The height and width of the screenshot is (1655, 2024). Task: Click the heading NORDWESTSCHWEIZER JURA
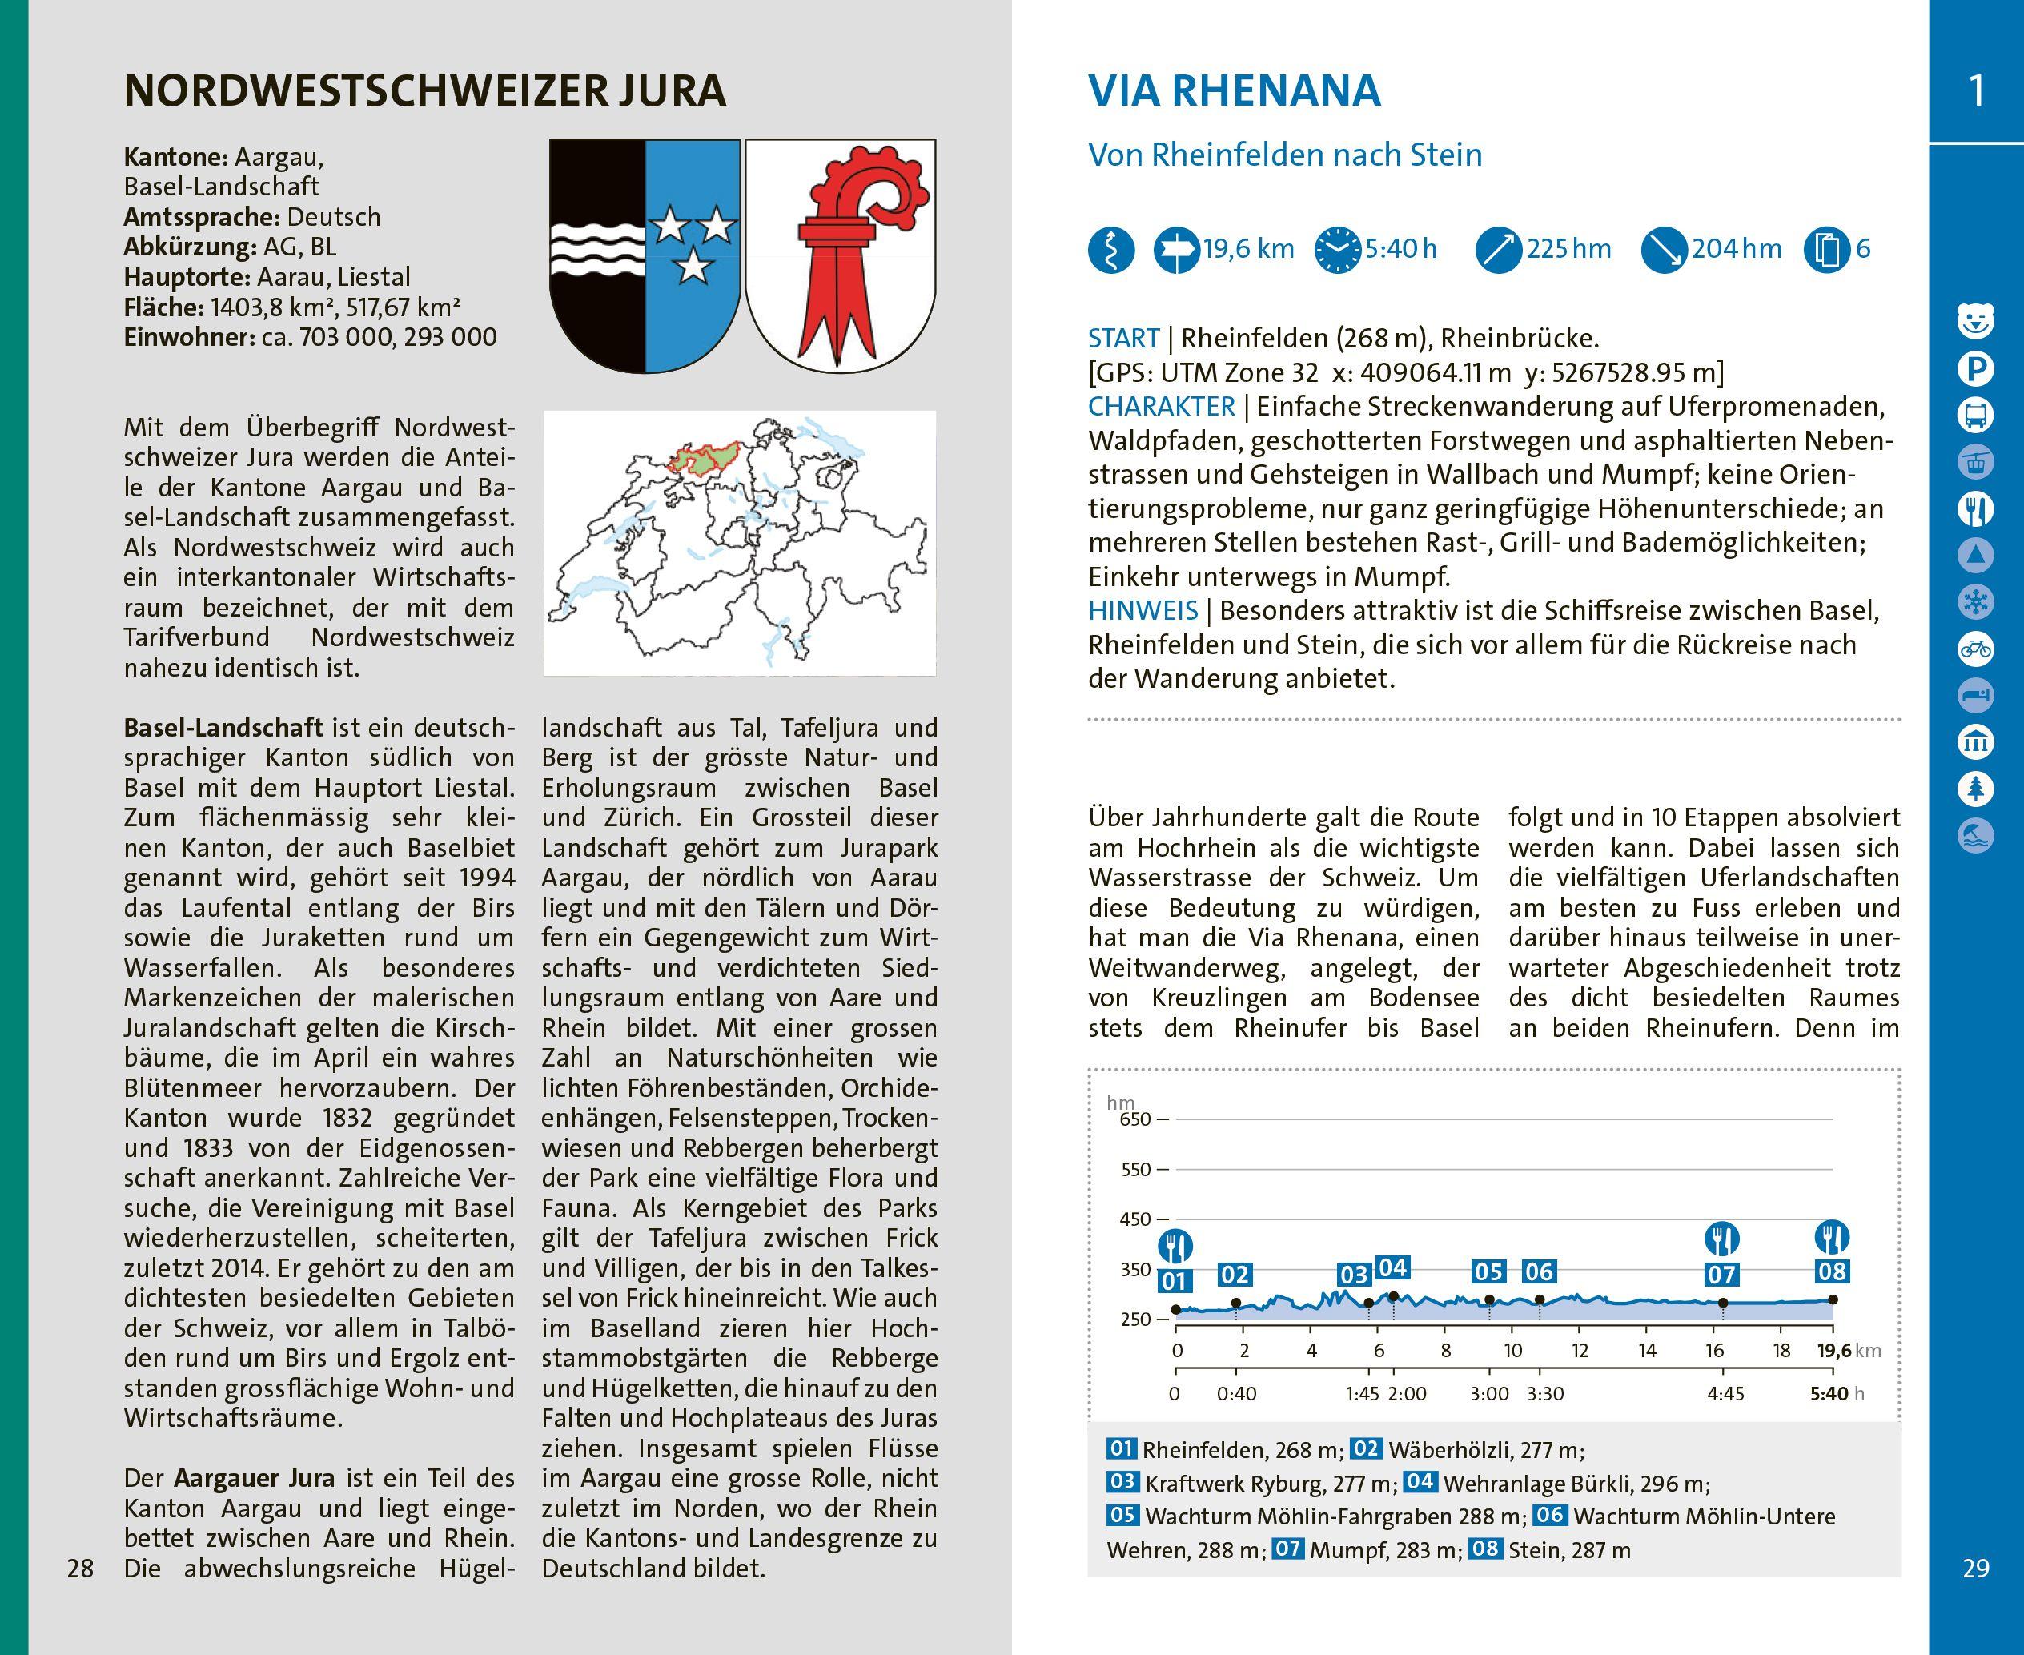pos(424,91)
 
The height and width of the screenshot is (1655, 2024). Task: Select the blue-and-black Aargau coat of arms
pos(645,255)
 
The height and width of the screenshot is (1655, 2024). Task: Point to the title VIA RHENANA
pos(1234,91)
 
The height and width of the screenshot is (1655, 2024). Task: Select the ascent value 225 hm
pos(1568,250)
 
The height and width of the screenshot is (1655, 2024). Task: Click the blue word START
pos(1123,339)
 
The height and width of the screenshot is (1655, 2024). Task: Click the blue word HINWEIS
pos(1143,611)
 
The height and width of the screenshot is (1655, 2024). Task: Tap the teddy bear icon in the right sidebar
pos(1976,321)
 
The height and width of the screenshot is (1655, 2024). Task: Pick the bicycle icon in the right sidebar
pos(1976,649)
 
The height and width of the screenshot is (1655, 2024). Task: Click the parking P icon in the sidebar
pos(1976,368)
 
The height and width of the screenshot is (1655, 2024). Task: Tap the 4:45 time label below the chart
pos(1725,1394)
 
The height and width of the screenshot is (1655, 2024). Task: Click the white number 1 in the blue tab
pos(1976,91)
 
